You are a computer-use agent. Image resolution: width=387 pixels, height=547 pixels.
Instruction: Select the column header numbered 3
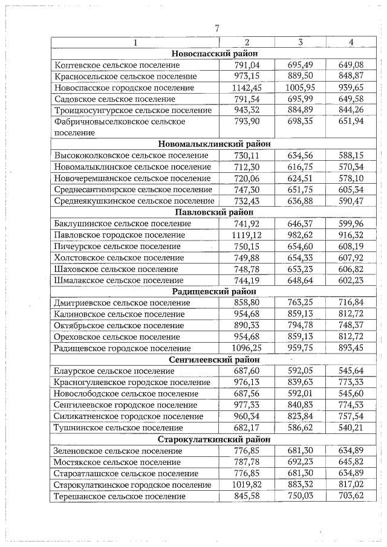coord(300,42)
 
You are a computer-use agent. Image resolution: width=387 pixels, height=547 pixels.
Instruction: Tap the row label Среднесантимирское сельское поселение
coord(134,189)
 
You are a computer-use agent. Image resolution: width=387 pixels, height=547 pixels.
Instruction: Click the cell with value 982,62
coord(300,235)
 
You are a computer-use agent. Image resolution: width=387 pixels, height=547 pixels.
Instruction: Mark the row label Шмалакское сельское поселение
coord(119,280)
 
